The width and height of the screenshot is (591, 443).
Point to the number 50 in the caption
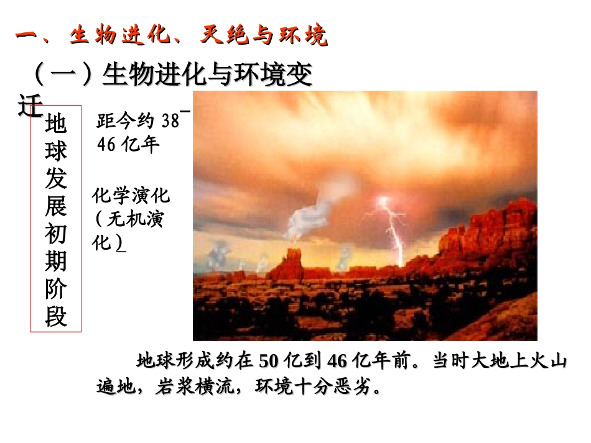(x=267, y=361)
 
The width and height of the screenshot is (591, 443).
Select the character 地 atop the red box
(x=56, y=124)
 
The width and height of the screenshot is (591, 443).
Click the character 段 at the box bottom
(x=56, y=317)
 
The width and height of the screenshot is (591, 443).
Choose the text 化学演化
(x=131, y=197)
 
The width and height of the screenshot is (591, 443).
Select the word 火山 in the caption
(x=550, y=361)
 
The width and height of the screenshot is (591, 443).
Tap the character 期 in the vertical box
(x=56, y=262)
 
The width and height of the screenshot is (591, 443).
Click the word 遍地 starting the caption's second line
(x=116, y=387)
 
